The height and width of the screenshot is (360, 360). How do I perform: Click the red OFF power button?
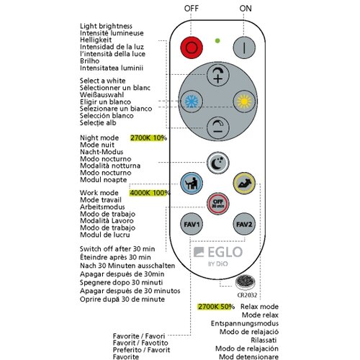point(192,48)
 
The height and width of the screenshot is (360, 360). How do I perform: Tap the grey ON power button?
point(244,48)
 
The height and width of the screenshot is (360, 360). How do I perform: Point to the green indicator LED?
point(217,41)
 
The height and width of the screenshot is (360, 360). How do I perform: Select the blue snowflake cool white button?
point(192,102)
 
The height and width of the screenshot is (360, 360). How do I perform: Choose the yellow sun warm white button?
point(244,102)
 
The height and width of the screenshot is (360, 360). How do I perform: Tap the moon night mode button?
point(218,163)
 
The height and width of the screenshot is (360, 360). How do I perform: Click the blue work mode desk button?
point(192,183)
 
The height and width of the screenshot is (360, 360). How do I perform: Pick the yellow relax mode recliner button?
point(244,183)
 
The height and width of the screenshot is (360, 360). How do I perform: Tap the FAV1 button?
point(192,225)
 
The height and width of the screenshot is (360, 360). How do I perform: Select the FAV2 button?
point(244,225)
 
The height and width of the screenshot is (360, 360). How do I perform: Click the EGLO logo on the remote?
point(218,252)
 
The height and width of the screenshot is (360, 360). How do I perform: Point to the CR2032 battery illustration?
point(245,282)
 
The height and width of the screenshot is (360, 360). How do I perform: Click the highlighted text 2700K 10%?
point(148,138)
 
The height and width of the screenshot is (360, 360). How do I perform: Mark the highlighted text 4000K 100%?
point(150,193)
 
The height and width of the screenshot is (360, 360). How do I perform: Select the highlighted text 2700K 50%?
point(216,307)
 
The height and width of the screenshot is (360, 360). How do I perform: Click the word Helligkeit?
point(96,40)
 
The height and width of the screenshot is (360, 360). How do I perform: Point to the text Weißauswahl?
point(102,94)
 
